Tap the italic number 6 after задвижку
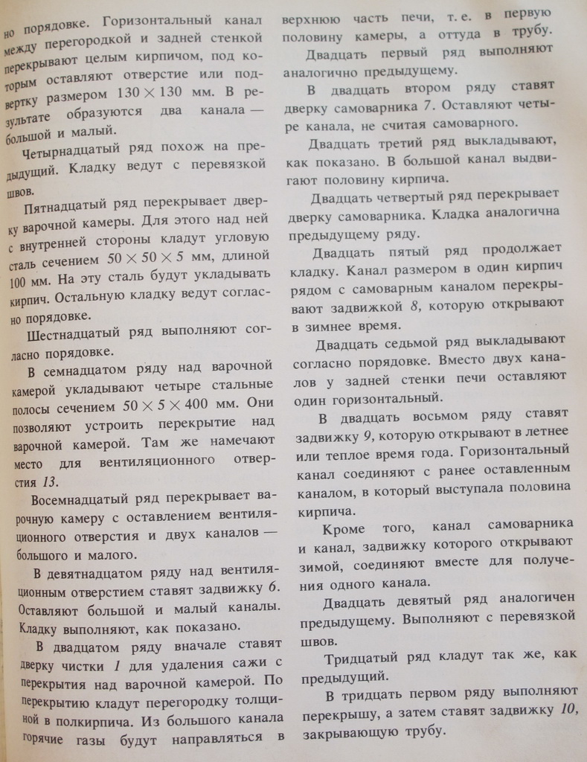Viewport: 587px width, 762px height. coord(273,589)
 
